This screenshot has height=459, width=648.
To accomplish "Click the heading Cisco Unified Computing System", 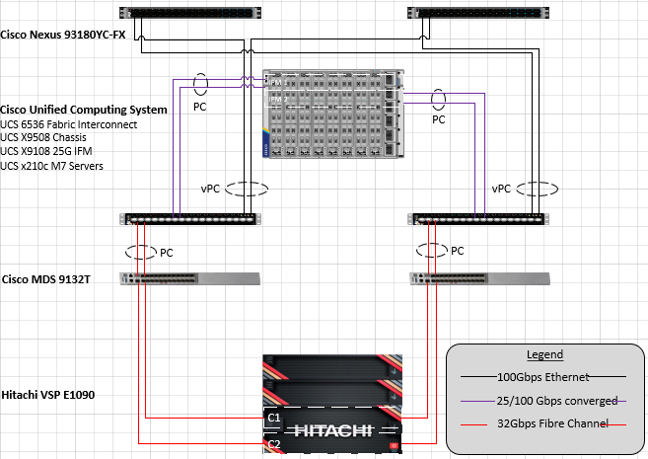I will point(84,110).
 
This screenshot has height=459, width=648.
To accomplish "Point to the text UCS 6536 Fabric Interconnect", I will point(68,124).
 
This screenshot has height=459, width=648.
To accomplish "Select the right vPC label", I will point(502,188).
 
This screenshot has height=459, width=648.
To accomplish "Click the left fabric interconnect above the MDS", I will point(188,219).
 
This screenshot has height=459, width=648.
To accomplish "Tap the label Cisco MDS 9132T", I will point(48,281).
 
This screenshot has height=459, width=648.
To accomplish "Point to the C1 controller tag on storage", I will point(273,419).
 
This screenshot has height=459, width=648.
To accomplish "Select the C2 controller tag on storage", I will point(273,446).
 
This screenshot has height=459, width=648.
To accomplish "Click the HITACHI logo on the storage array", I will point(332,430).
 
